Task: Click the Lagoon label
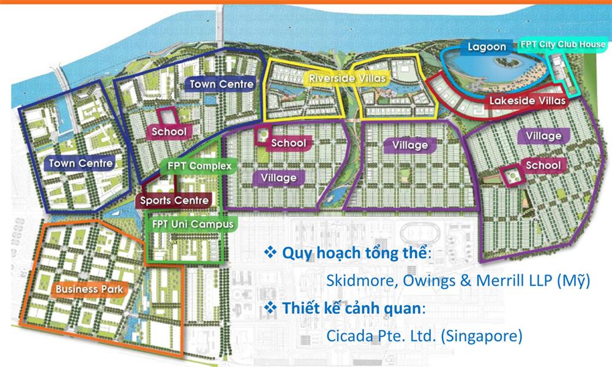coord(487,47)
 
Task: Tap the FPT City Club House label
coord(563,45)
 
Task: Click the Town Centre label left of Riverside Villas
coord(221,84)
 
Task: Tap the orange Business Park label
coord(89,289)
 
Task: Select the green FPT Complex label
coord(195,166)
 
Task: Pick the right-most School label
coord(542,165)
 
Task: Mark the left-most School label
coord(168,131)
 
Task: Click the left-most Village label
coord(278,178)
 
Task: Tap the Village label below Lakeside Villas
coord(543,135)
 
